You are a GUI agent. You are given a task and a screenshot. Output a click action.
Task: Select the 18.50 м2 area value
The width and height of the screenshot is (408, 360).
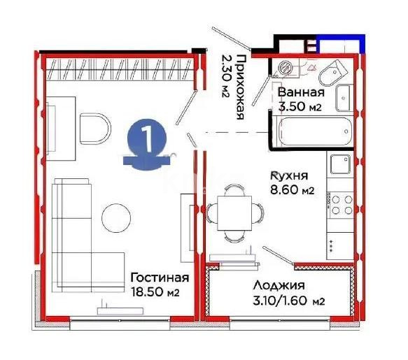click(x=155, y=293)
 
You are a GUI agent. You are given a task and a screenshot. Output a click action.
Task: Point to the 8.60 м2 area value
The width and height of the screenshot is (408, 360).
click(x=292, y=189)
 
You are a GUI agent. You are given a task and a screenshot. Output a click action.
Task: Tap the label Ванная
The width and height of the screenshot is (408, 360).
click(x=300, y=92)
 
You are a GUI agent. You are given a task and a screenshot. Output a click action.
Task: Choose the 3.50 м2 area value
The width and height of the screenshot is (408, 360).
click(x=300, y=106)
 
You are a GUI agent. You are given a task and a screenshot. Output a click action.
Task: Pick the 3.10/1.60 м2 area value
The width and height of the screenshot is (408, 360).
click(x=289, y=301)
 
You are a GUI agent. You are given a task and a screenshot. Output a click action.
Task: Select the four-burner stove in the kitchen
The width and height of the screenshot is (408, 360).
click(x=340, y=204)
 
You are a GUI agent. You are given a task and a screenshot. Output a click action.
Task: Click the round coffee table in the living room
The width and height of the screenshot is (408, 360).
click(x=116, y=218)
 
